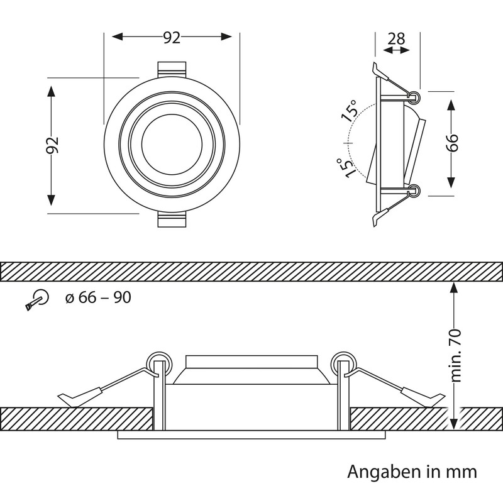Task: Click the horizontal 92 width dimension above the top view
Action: pyautogui.click(x=172, y=38)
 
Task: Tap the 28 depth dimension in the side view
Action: pyautogui.click(x=395, y=39)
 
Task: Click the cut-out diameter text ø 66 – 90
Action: pyautogui.click(x=97, y=297)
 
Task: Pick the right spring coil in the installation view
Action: pyautogui.click(x=344, y=363)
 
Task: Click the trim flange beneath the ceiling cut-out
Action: pyautogui.click(x=251, y=435)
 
